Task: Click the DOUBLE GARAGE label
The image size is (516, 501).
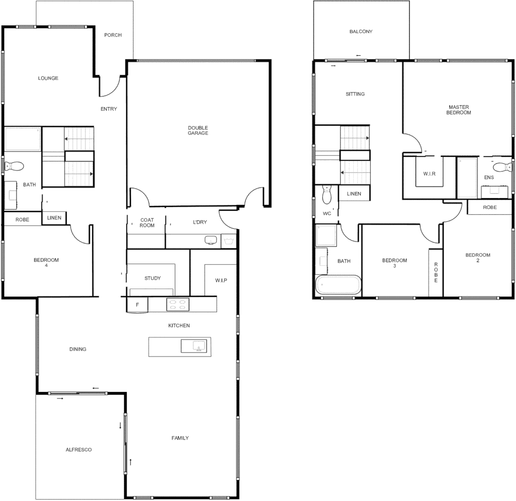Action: pos(198,130)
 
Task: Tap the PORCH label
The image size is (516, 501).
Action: pos(113,35)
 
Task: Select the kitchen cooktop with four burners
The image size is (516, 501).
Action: pos(178,304)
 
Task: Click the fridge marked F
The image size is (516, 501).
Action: pos(137,305)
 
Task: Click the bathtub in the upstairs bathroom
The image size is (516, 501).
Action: pos(338,284)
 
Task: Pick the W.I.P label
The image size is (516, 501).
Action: pos(221,281)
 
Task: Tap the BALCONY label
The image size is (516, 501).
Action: pos(361,32)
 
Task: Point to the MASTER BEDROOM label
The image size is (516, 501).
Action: pos(459,110)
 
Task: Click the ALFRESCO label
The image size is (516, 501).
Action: pos(78,450)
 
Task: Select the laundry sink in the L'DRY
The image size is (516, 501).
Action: pos(211,240)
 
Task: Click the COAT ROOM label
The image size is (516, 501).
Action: pos(147,223)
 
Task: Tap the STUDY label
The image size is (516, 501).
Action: pos(153,278)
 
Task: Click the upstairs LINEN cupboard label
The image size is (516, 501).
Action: pos(354,193)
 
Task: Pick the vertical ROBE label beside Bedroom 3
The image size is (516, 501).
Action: pos(436,272)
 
